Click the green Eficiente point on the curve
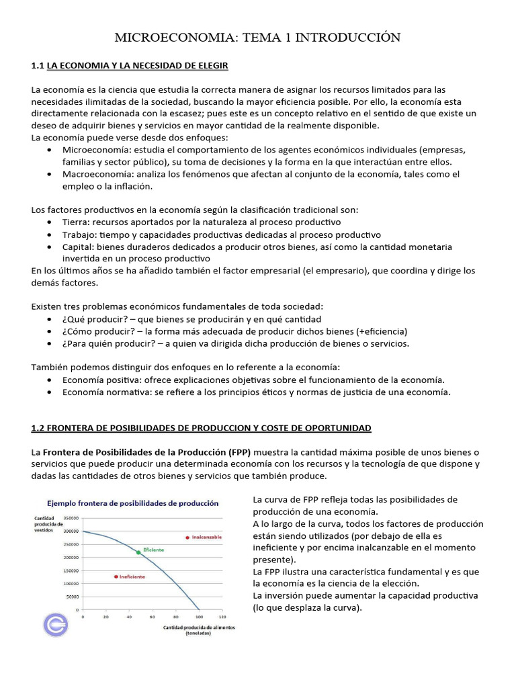click(x=138, y=552)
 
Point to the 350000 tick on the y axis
click(x=71, y=518)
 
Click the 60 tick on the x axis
click(x=153, y=616)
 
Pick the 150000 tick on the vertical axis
click(x=71, y=570)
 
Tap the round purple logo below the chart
click(x=55, y=623)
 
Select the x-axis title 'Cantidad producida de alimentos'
click(x=201, y=628)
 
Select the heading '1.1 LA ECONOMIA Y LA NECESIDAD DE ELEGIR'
click(x=130, y=65)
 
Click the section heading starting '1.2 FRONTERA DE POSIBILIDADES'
click(x=201, y=428)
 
